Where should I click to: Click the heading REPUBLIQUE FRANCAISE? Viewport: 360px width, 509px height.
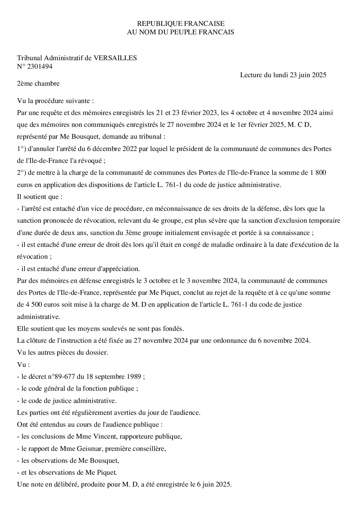coord(180,23)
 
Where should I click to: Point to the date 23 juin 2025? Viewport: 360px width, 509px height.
coord(308,75)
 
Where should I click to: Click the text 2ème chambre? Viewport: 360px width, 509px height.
coord(38,83)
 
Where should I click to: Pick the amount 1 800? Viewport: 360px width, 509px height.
coord(318,172)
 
